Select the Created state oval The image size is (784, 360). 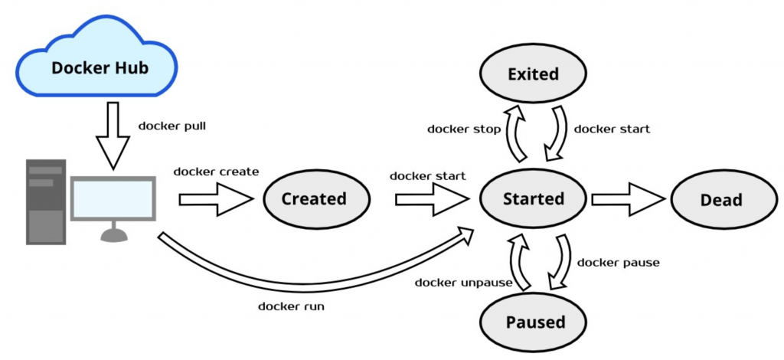[x=314, y=199]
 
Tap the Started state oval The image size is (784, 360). [x=533, y=199]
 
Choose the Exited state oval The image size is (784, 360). [x=533, y=74]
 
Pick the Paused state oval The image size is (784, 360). [x=533, y=322]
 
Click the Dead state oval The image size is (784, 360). [x=721, y=200]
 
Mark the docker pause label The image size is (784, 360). [x=619, y=263]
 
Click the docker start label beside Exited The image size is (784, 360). [x=612, y=129]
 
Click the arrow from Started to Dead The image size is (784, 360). [x=627, y=199]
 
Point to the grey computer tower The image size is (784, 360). [x=45, y=201]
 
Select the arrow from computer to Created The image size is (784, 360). [x=215, y=199]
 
